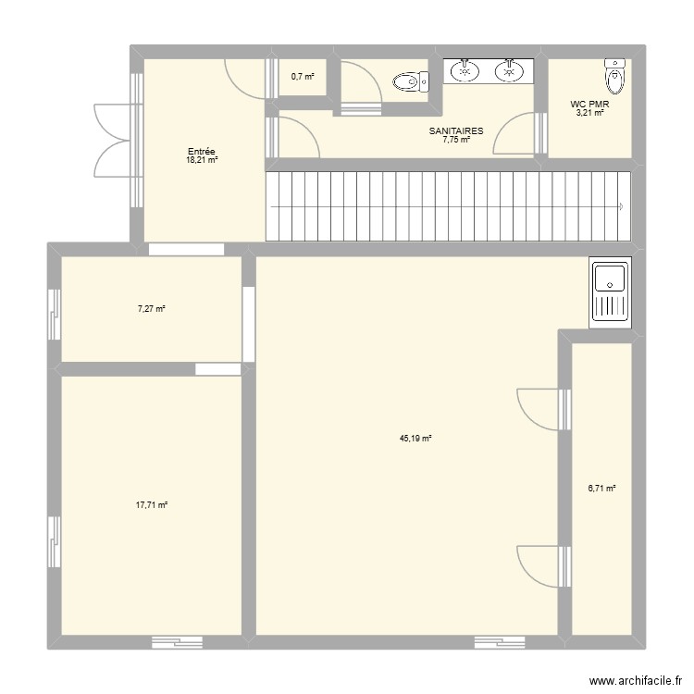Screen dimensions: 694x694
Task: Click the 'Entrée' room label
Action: point(202,152)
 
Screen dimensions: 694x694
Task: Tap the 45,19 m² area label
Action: point(415,439)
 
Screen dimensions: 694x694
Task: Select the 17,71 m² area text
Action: point(152,504)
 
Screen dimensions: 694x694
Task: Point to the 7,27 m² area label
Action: point(152,309)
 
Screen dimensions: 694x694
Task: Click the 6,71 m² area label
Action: point(602,489)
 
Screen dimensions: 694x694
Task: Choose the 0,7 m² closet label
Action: point(303,77)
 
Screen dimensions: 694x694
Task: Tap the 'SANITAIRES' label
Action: point(456,131)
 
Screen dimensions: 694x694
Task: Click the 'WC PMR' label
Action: point(589,105)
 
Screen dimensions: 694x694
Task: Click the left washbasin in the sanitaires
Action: point(465,71)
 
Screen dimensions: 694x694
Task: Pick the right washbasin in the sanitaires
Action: point(510,71)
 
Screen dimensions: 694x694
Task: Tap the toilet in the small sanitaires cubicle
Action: point(411,81)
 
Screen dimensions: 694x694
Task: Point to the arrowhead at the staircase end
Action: point(622,206)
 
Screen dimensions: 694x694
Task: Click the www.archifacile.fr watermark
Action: point(635,680)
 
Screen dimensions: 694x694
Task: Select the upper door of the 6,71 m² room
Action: point(543,409)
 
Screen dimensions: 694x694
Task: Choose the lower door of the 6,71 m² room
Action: point(543,567)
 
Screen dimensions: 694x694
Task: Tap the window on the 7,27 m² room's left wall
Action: point(54,315)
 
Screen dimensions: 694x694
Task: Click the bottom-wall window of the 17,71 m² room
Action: point(177,643)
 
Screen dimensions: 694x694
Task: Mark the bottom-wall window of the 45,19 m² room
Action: point(500,643)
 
